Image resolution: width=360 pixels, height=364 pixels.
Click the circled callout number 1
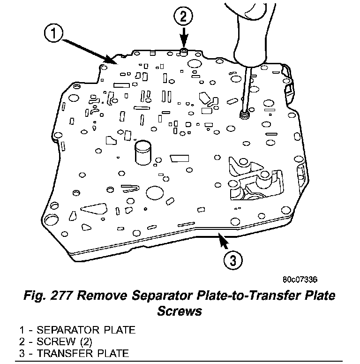click(x=54, y=34)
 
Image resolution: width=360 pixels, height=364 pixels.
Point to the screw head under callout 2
click(x=184, y=50)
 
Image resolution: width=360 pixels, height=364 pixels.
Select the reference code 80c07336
click(x=300, y=280)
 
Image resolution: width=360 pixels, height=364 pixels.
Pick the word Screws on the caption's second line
click(x=180, y=311)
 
